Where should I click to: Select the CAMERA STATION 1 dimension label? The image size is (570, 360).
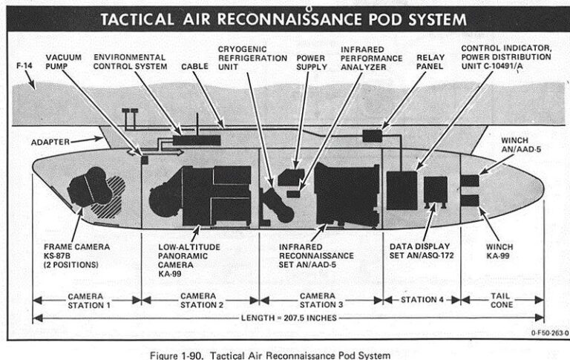tap(87, 299)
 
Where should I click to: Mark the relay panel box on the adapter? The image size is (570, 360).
tap(372, 136)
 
